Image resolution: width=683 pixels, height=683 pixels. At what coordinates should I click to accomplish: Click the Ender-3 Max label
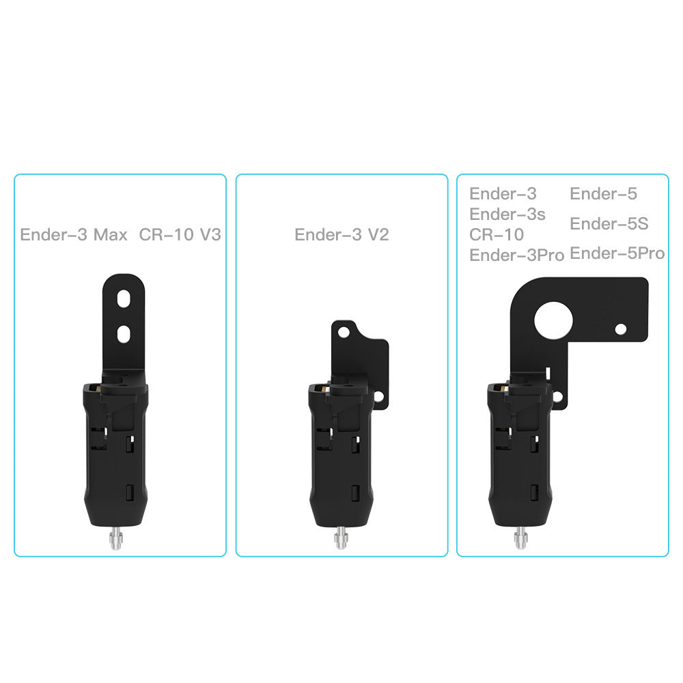[74, 236]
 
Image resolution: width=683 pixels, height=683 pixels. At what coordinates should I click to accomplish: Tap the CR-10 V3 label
[180, 236]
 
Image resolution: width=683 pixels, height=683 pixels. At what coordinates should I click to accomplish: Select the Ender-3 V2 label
[341, 235]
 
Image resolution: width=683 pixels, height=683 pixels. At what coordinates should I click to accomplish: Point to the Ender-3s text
[507, 214]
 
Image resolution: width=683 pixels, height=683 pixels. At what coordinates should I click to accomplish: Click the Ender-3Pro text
[517, 255]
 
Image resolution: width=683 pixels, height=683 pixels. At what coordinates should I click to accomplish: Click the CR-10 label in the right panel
[497, 235]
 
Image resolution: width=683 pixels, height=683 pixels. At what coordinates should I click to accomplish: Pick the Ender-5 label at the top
[604, 194]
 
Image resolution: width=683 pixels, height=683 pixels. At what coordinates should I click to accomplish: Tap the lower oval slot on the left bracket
[124, 333]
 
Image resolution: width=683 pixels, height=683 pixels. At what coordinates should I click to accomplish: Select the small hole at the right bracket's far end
[620, 329]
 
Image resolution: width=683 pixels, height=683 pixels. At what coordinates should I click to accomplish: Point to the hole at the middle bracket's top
[344, 332]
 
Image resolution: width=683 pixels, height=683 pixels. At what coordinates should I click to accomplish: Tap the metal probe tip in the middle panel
[339, 540]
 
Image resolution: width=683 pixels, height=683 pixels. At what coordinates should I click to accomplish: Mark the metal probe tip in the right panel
[520, 539]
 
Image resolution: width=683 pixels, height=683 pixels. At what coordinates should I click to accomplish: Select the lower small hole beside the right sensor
[557, 396]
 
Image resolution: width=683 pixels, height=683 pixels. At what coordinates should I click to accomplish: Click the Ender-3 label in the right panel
[503, 194]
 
